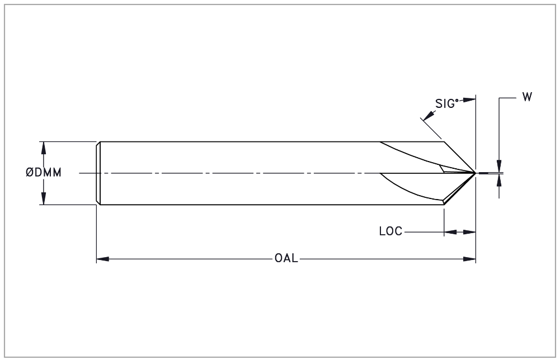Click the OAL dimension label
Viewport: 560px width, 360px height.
click(x=285, y=259)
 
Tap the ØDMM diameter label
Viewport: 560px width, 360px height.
click(x=43, y=173)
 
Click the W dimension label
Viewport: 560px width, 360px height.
click(x=527, y=97)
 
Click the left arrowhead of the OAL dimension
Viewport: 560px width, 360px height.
click(x=101, y=259)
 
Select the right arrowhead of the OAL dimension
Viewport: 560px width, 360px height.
click(x=471, y=259)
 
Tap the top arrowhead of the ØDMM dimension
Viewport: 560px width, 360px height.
click(x=44, y=146)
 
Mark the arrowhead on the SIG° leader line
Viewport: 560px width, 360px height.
click(x=427, y=116)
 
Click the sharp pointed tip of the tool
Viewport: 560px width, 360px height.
click(x=475, y=172)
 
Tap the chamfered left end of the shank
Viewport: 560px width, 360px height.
click(x=98, y=173)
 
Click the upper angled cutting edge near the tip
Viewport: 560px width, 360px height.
click(x=459, y=157)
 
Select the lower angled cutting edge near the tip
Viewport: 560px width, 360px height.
click(x=459, y=189)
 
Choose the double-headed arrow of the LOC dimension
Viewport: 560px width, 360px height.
click(x=459, y=231)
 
